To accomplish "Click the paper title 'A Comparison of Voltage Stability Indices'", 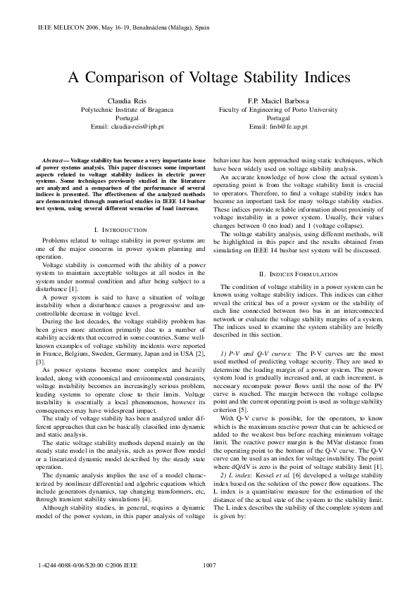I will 209,78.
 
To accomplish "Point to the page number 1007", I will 209,565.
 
